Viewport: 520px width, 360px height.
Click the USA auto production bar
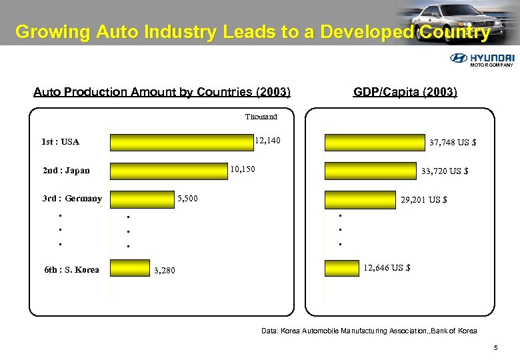point(181,142)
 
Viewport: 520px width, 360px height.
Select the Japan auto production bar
point(167,171)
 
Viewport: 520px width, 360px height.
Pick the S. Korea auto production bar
point(130,268)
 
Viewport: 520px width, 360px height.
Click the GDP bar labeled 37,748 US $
point(375,143)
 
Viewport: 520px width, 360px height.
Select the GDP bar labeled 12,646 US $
point(341,268)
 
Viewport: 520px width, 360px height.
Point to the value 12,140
point(268,141)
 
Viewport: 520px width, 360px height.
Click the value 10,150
point(242,169)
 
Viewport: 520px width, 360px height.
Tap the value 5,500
point(187,199)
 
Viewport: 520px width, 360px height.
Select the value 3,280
point(164,271)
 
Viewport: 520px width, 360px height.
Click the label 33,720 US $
point(445,171)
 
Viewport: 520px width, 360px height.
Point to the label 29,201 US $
point(423,199)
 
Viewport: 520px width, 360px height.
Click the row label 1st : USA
point(60,142)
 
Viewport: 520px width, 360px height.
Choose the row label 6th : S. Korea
point(71,270)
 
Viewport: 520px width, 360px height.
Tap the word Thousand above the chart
point(261,117)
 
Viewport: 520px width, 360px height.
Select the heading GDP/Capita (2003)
point(405,92)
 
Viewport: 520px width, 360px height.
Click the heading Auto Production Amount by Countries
point(161,92)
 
